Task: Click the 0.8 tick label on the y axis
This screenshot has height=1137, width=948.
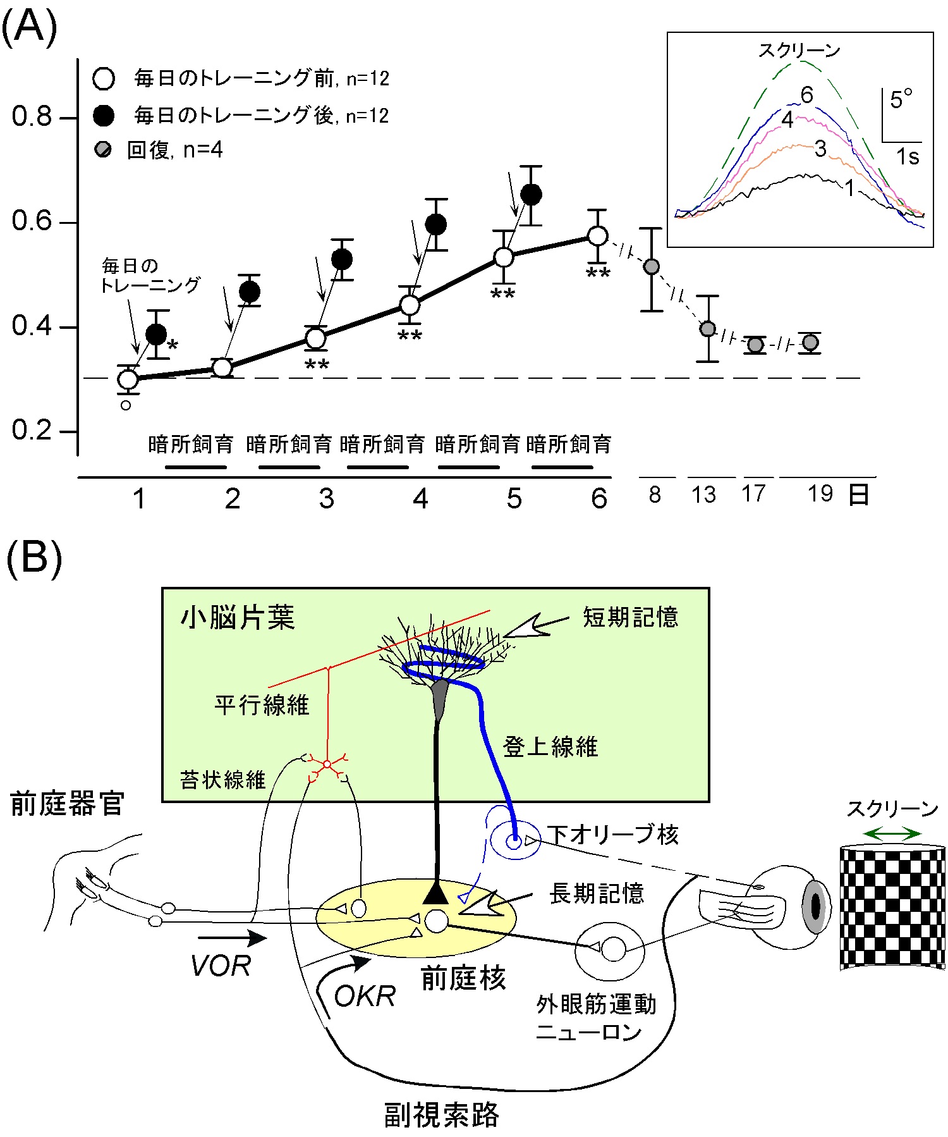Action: [x=32, y=117]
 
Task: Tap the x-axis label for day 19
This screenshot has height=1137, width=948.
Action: [x=820, y=494]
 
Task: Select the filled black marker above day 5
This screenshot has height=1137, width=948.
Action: [x=531, y=195]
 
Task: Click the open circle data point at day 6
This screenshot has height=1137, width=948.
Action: [x=597, y=236]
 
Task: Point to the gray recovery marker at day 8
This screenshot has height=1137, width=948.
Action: [x=652, y=267]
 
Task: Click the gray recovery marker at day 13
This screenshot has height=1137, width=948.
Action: [x=708, y=329]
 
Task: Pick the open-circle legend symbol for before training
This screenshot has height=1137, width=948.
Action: [x=104, y=79]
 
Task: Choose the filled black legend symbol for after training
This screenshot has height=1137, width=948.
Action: [x=104, y=115]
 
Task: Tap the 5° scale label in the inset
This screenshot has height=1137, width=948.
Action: [x=901, y=100]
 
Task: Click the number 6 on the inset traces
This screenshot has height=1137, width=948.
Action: [x=806, y=95]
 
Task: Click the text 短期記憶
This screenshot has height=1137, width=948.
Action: [x=630, y=617]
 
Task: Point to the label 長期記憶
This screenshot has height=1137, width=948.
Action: [x=597, y=894]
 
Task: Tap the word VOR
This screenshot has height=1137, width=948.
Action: [x=221, y=966]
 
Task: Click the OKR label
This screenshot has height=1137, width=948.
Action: [x=365, y=997]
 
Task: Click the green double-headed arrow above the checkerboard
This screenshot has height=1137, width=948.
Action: [x=892, y=834]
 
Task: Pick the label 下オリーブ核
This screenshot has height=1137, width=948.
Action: [x=612, y=835]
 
